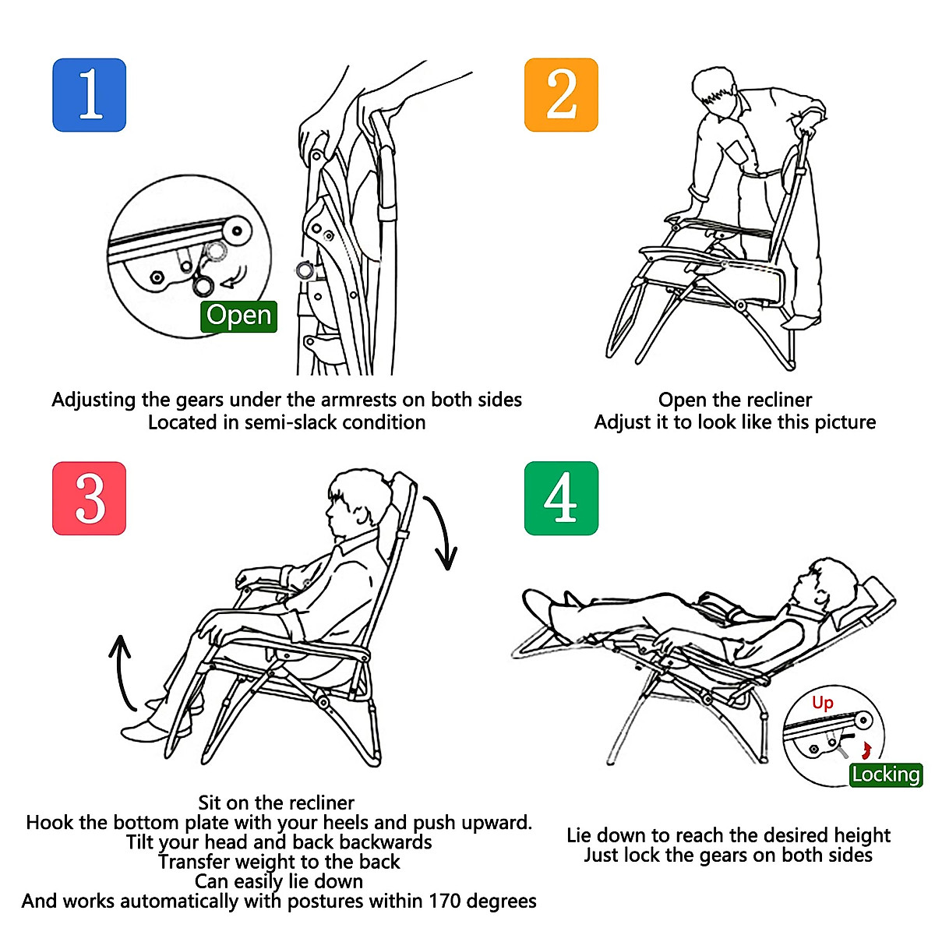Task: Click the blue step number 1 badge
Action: point(90,95)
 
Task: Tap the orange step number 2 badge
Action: point(561,94)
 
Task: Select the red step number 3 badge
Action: point(90,499)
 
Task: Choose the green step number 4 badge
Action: point(561,499)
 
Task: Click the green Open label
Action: point(238,316)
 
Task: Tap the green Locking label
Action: point(886,774)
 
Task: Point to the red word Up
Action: point(823,703)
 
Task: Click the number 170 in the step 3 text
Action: point(444,901)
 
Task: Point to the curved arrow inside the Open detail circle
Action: point(234,278)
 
